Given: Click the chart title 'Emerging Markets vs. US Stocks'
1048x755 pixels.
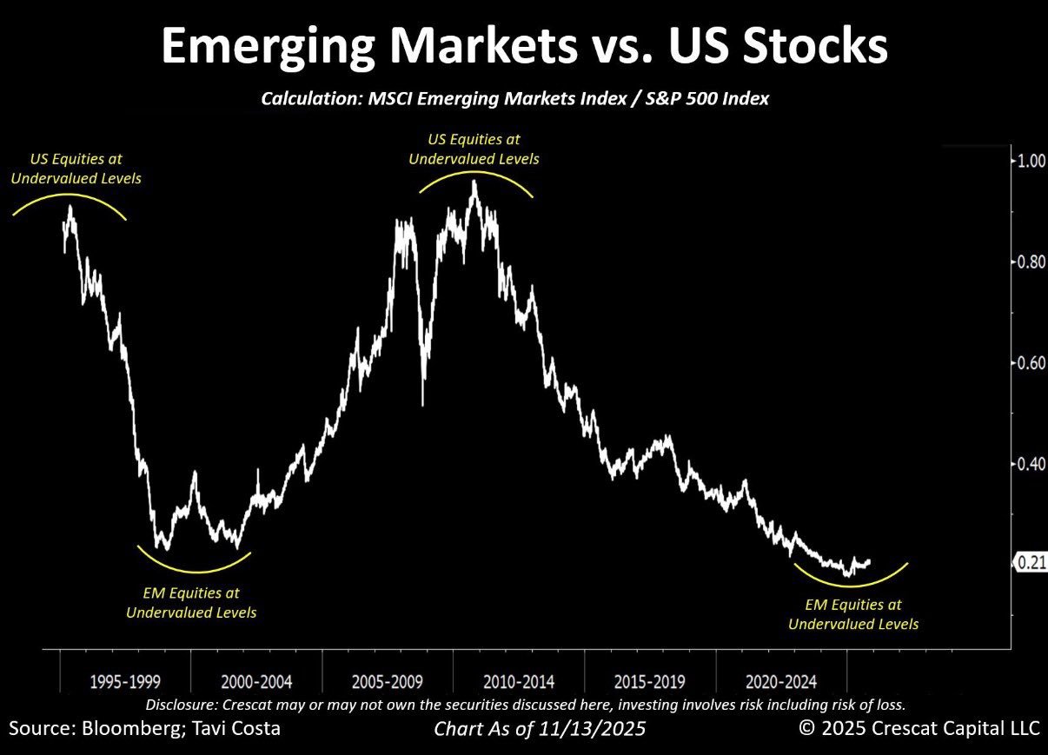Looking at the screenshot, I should (x=524, y=45).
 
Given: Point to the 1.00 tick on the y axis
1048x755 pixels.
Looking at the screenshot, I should (x=1031, y=162).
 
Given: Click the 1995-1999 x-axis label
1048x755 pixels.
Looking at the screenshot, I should (x=125, y=680).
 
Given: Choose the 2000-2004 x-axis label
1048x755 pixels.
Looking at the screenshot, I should (x=255, y=680).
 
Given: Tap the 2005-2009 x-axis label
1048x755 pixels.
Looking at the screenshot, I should (x=387, y=680).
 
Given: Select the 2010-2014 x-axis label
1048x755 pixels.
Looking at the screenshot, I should (x=518, y=680).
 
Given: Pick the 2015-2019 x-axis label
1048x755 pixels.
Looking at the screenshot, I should (x=649, y=680).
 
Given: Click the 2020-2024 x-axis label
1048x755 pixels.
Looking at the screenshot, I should (x=780, y=680).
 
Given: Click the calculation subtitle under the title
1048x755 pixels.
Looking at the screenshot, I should (x=514, y=99).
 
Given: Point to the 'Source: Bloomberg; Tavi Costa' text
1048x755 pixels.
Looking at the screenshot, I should (x=144, y=728).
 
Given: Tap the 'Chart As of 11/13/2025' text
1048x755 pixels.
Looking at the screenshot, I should (x=540, y=729).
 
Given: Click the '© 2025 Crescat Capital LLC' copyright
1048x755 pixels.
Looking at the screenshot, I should (x=919, y=728).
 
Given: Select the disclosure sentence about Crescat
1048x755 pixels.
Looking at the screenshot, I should (x=525, y=704).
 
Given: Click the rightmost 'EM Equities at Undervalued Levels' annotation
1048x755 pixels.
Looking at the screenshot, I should (x=852, y=614).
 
